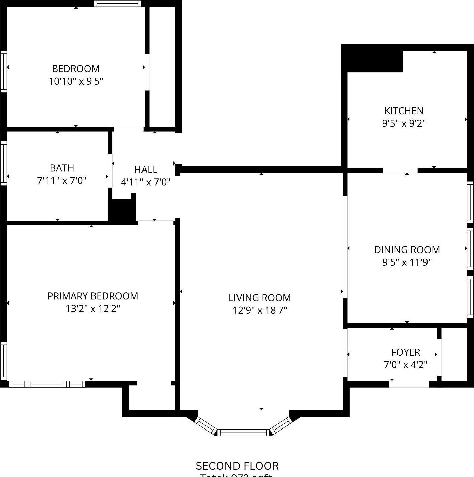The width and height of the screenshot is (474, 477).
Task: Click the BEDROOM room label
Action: tap(76, 69)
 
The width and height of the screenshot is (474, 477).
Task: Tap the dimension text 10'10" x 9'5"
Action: tap(76, 81)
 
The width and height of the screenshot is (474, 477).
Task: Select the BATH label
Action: tap(62, 168)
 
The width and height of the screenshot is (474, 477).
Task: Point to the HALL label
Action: tap(146, 170)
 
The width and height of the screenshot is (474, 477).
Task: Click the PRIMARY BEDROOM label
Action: tap(93, 296)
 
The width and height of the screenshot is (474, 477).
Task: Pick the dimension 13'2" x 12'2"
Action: tap(93, 309)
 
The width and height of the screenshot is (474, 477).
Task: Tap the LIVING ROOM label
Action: tap(260, 298)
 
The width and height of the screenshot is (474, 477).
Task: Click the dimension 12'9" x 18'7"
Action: tap(260, 310)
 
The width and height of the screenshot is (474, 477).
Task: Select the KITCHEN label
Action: tap(404, 111)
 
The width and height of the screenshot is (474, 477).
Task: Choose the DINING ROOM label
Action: tap(407, 250)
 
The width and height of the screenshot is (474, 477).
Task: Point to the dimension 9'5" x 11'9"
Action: tap(407, 262)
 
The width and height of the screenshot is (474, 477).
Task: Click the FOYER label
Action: tap(405, 352)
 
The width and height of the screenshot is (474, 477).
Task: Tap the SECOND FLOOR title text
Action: tap(237, 466)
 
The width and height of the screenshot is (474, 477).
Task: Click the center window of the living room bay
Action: tap(244, 433)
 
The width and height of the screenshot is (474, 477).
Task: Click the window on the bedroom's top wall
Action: tap(117, 4)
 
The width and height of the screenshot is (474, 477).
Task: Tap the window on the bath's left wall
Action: tap(3, 163)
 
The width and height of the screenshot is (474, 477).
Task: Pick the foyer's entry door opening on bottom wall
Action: tap(409, 384)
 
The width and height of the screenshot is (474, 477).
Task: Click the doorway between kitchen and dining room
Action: tap(400, 171)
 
